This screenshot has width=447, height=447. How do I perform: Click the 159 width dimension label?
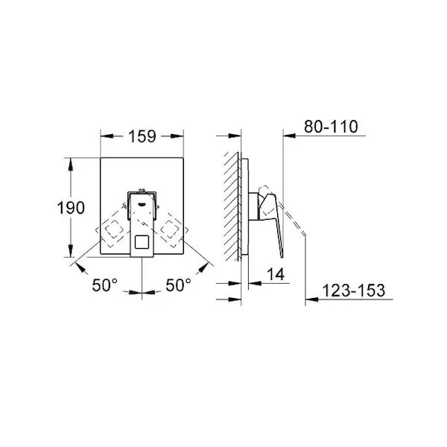[x=142, y=136]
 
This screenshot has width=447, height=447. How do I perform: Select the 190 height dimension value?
[x=71, y=208]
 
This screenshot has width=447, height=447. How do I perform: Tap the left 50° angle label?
[x=104, y=285]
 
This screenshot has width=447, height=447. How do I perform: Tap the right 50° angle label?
[x=179, y=285]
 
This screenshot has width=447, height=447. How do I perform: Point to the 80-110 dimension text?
[x=331, y=127]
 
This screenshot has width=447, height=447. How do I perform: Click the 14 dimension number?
[x=276, y=274]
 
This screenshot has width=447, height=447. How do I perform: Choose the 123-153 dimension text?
[x=353, y=291]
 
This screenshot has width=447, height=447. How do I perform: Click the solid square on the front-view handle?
[x=142, y=242]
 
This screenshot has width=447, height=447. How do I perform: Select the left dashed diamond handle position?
[x=113, y=229]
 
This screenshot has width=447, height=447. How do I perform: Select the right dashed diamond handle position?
[x=170, y=229]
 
